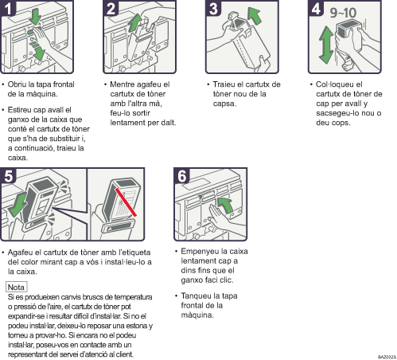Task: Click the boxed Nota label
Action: pyautogui.click(x=17, y=285)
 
